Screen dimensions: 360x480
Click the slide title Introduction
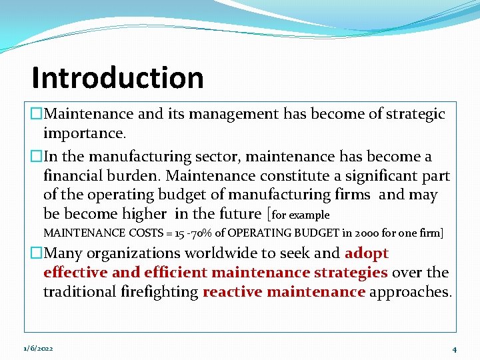[x=117, y=78]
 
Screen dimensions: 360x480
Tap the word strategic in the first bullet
[x=412, y=114]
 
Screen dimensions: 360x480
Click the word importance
[x=84, y=133]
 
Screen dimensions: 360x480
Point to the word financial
[x=73, y=176]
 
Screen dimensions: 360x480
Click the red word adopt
[x=367, y=253]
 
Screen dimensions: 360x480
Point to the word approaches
[x=410, y=292]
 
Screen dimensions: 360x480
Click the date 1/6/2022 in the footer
[x=39, y=349]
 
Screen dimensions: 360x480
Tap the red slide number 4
[x=454, y=349]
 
